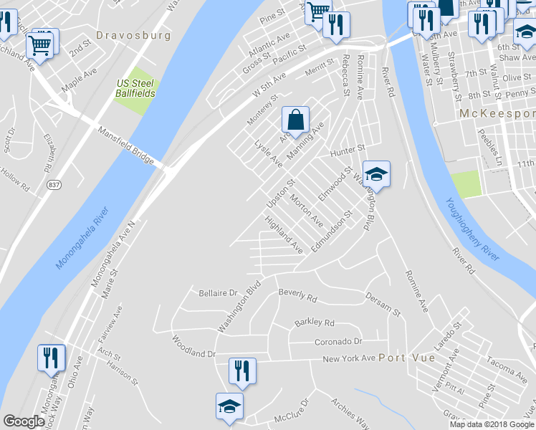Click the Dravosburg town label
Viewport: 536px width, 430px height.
134,34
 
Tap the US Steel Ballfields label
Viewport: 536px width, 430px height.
135,88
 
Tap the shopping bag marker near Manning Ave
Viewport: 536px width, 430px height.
295,120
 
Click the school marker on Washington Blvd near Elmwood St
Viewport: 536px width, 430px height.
376,174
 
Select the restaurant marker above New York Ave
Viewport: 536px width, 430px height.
241,371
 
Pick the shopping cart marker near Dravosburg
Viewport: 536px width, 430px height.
39,46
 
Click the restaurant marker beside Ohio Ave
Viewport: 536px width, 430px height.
50,358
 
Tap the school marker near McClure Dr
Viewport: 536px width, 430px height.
229,406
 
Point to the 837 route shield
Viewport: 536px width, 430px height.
54,186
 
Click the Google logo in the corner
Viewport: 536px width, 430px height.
24,421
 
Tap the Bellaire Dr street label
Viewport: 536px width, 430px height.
218,293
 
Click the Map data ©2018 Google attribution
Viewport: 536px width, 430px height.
492,424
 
